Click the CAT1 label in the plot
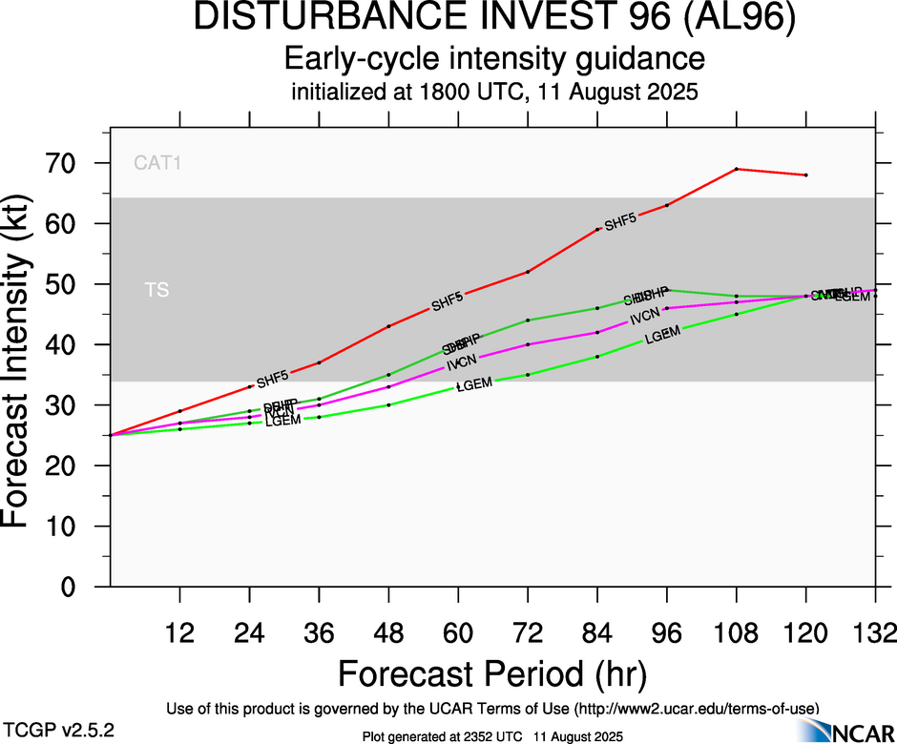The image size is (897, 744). [x=157, y=163]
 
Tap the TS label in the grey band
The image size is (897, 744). [x=156, y=290]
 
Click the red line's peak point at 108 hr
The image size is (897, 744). [x=737, y=169]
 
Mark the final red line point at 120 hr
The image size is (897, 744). [x=806, y=175]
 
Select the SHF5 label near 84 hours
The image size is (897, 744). [x=620, y=221]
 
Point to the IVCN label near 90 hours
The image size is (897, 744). [x=645, y=319]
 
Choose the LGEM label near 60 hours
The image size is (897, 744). [x=473, y=384]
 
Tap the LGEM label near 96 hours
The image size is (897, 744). [x=662, y=334]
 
